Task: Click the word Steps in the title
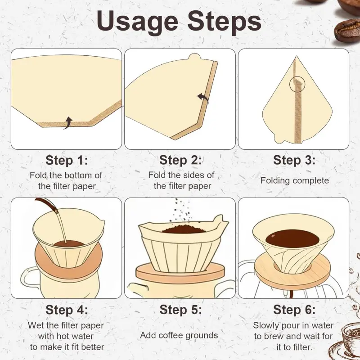tap(224, 22)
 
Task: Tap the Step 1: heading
tap(67, 160)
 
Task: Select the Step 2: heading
tap(180, 160)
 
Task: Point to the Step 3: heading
tap(294, 160)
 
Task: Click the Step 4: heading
tap(67, 310)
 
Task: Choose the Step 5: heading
tap(180, 310)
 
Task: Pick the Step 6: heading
tap(294, 310)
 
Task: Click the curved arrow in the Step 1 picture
tap(69, 122)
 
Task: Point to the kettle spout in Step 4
tap(47, 204)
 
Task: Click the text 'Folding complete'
tap(295, 180)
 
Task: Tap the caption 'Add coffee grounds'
tap(179, 335)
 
